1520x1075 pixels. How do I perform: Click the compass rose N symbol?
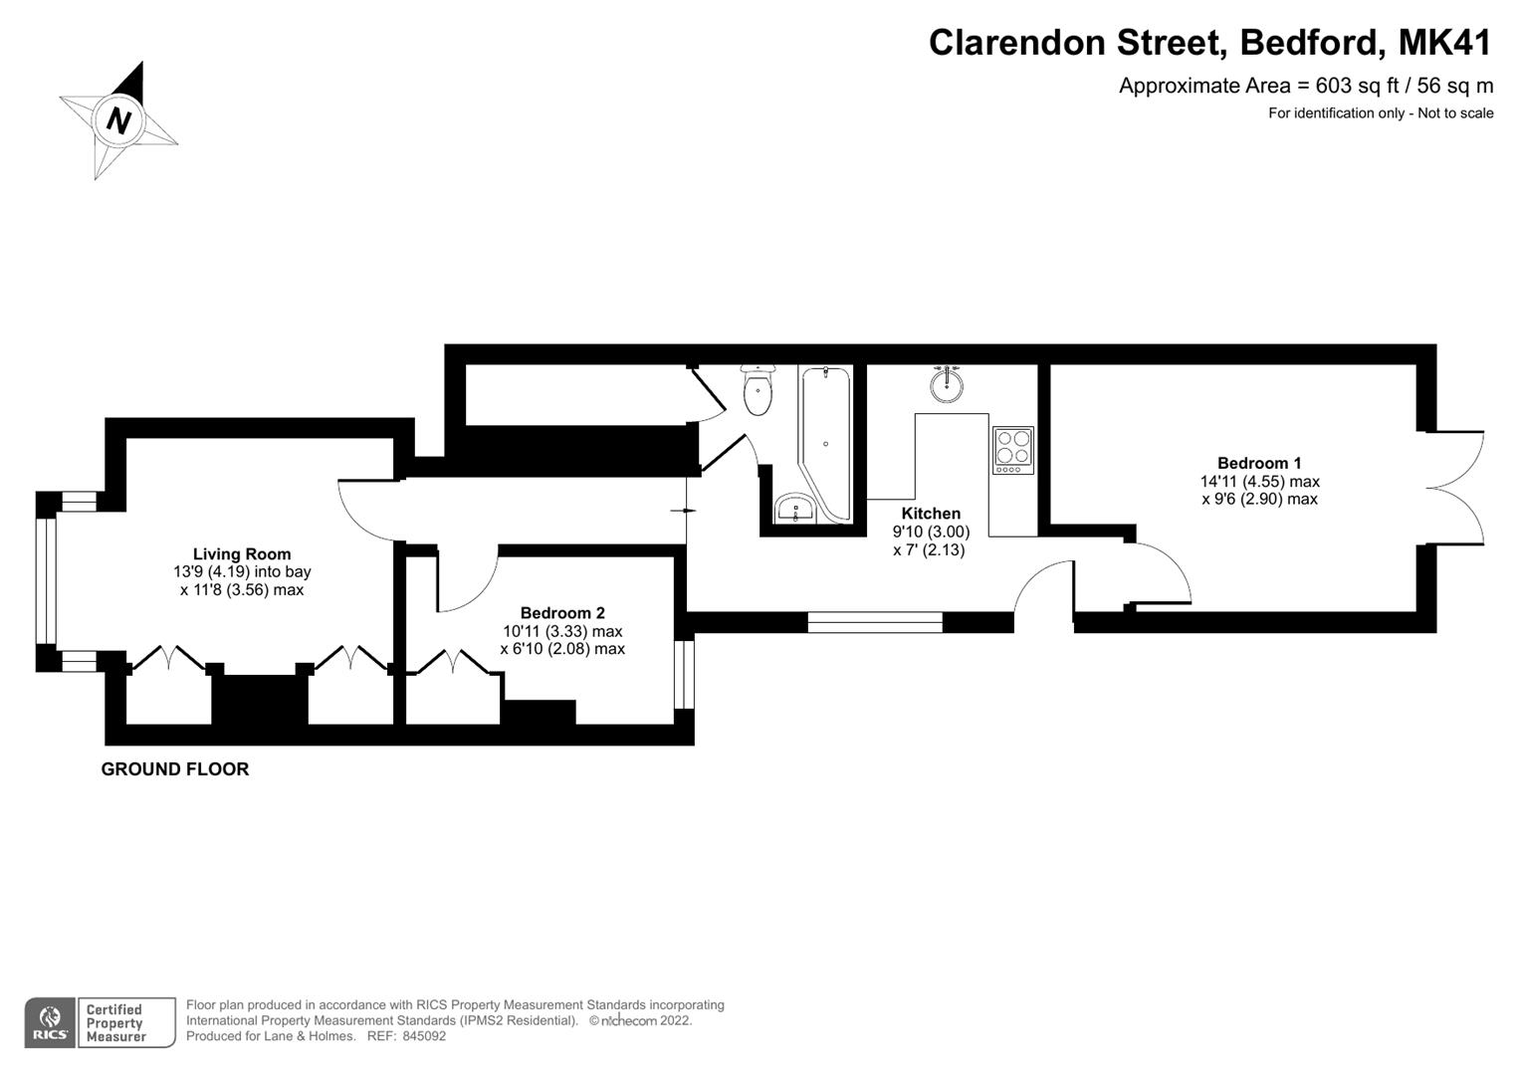point(119,120)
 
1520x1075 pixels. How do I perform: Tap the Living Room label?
point(242,554)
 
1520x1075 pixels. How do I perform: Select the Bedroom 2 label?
point(562,613)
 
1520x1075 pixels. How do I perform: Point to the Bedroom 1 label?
point(1259,463)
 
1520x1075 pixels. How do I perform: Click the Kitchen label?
point(931,514)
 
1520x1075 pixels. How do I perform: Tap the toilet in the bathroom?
point(759,390)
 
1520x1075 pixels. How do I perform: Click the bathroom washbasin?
point(796,509)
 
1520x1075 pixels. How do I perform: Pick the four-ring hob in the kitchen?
point(1013,450)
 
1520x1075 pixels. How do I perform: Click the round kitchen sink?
point(947,383)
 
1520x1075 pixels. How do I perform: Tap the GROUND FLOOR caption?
point(175,769)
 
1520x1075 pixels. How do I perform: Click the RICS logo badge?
point(49,1022)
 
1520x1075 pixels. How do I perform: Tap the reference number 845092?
point(421,1036)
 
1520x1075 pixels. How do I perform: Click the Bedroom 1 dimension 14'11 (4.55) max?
point(1259,482)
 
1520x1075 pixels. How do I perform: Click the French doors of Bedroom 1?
point(1455,487)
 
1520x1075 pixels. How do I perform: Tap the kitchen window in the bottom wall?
point(875,623)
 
